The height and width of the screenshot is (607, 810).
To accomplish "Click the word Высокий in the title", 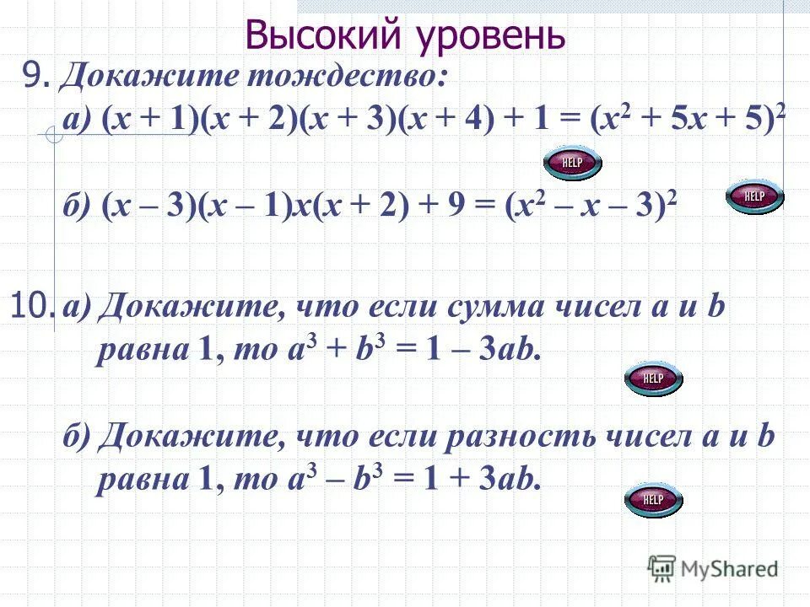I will pyautogui.click(x=318, y=35).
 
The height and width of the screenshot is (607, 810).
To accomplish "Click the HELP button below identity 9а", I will pyautogui.click(x=572, y=163).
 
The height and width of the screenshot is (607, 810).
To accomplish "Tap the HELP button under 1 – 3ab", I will pyautogui.click(x=653, y=379).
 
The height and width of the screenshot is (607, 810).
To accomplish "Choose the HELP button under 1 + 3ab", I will pyautogui.click(x=653, y=500).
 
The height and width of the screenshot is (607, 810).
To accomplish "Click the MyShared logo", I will pyautogui.click(x=713, y=569).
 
